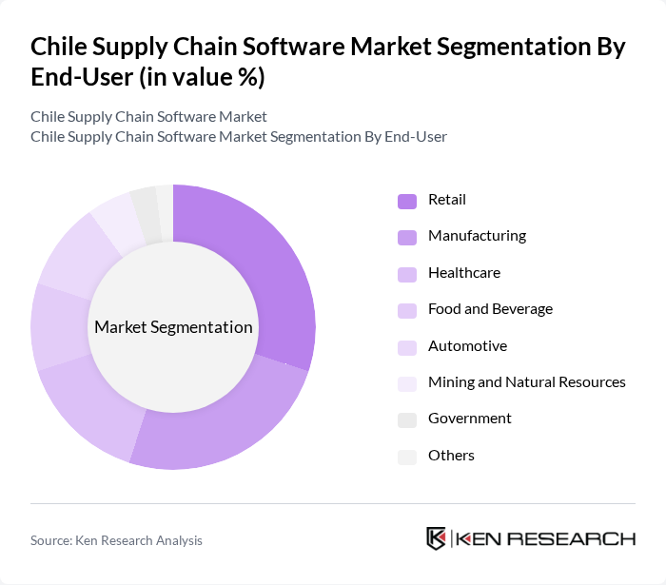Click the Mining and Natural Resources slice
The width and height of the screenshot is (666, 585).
(x=114, y=215)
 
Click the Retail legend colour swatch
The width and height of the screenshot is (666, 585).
(x=407, y=201)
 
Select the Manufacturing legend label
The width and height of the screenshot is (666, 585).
(x=477, y=236)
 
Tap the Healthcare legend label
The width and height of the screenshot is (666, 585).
(x=463, y=273)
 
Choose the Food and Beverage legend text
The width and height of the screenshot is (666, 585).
(x=490, y=309)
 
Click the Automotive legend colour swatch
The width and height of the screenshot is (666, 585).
(x=407, y=347)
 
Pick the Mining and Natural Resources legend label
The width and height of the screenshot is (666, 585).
(x=526, y=382)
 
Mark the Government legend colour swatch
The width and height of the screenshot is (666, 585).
(x=407, y=419)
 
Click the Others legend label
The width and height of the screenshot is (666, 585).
(x=451, y=456)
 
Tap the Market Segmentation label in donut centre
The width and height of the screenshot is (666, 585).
(x=173, y=327)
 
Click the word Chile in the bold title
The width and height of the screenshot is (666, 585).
(x=63, y=48)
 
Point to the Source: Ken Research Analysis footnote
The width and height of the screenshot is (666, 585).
(x=116, y=540)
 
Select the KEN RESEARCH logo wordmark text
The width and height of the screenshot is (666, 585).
(x=546, y=539)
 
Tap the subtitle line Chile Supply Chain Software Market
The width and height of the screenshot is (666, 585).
(x=148, y=117)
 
